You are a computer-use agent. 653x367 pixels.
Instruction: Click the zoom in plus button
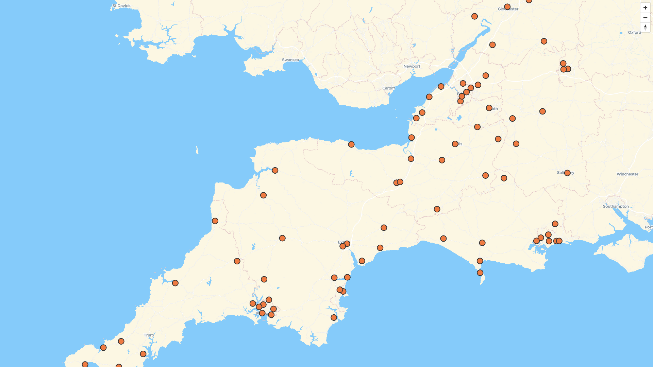[645, 8]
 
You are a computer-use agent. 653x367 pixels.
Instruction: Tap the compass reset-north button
[645, 27]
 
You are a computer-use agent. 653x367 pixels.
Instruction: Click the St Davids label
[121, 6]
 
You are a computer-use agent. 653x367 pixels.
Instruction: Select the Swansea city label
[290, 60]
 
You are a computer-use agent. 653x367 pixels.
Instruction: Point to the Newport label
[412, 66]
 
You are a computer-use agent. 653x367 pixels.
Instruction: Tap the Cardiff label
[388, 88]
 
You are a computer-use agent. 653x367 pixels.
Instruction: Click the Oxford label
[634, 33]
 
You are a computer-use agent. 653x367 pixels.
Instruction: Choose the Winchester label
[627, 174]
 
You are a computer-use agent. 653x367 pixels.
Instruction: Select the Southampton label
[616, 206]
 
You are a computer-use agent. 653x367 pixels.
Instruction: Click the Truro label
[149, 335]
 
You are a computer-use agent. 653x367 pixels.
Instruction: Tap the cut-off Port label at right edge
[649, 227]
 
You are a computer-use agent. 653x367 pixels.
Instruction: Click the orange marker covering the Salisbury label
[567, 173]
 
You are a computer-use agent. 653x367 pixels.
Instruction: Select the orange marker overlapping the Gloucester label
[507, 7]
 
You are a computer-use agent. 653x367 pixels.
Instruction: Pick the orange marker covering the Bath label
[489, 108]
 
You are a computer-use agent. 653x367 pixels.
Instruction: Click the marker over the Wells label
[455, 144]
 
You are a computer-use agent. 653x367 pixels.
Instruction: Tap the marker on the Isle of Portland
[480, 273]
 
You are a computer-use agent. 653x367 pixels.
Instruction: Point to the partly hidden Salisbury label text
[560, 173]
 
